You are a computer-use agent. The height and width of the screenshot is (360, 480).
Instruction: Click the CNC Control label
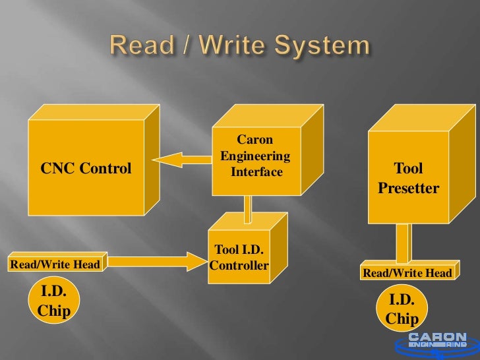click(86, 169)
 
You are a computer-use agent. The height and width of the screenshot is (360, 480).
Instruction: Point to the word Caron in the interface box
click(255, 139)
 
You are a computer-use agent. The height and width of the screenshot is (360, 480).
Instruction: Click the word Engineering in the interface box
click(255, 156)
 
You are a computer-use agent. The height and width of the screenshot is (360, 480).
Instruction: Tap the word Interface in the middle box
click(256, 172)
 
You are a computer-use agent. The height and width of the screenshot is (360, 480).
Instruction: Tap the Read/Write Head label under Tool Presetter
click(407, 273)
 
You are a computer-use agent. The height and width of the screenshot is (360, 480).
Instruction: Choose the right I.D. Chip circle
click(402, 309)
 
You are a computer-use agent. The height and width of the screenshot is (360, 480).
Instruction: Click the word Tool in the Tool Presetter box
click(408, 168)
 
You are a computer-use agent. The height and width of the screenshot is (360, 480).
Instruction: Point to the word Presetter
click(408, 189)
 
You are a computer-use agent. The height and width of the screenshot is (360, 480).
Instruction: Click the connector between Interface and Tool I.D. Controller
click(248, 210)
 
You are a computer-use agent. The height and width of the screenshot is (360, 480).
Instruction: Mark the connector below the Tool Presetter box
click(403, 244)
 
